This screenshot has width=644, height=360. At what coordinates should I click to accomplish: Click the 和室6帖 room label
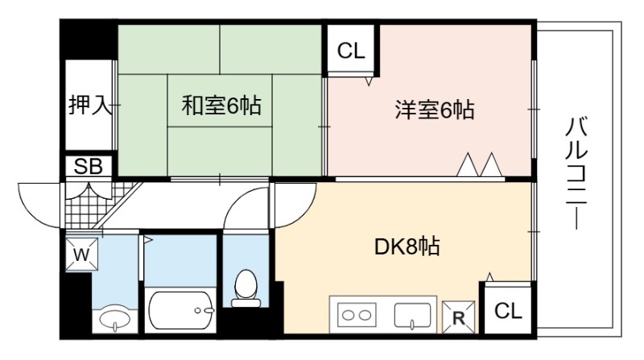pyautogui.click(x=221, y=106)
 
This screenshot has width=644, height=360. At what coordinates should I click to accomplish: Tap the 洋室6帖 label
pyautogui.click(x=435, y=110)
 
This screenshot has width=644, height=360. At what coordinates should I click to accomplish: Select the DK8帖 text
pyautogui.click(x=407, y=246)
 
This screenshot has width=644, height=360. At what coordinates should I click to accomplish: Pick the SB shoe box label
pyautogui.click(x=89, y=167)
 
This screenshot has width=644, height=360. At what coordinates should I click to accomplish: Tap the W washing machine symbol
pyautogui.click(x=82, y=254)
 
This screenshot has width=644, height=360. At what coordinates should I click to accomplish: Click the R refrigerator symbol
pyautogui.click(x=458, y=317)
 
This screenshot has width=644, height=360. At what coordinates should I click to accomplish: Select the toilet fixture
pyautogui.click(x=246, y=288)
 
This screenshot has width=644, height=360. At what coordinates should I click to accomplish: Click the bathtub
pyautogui.click(x=180, y=310)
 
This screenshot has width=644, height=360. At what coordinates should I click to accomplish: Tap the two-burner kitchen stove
pyautogui.click(x=357, y=315)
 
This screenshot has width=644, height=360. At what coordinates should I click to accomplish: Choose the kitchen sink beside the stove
pyautogui.click(x=412, y=316)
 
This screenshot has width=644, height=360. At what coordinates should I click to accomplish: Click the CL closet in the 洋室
pyautogui.click(x=351, y=51)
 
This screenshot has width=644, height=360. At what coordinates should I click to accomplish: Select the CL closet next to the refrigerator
pyautogui.click(x=508, y=310)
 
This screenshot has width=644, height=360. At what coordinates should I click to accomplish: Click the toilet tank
pyautogui.click(x=246, y=304)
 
